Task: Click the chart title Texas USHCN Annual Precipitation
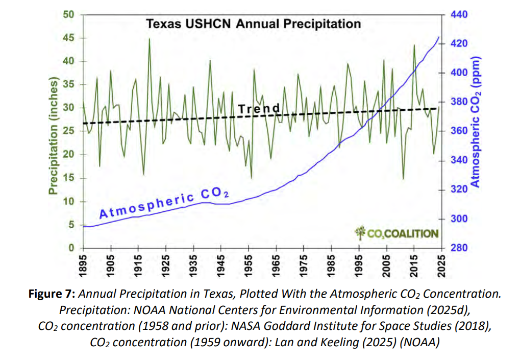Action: coord(254,23)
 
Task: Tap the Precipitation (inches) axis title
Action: coord(53,135)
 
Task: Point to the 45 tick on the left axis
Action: coord(67,38)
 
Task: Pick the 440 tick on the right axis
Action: coord(460,15)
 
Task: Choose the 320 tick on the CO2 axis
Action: coord(460,189)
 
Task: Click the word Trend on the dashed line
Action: coord(259,108)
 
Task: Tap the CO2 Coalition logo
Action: coord(397,233)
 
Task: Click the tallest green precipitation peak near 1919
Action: coord(150,39)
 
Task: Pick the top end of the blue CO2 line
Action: coord(438,37)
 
